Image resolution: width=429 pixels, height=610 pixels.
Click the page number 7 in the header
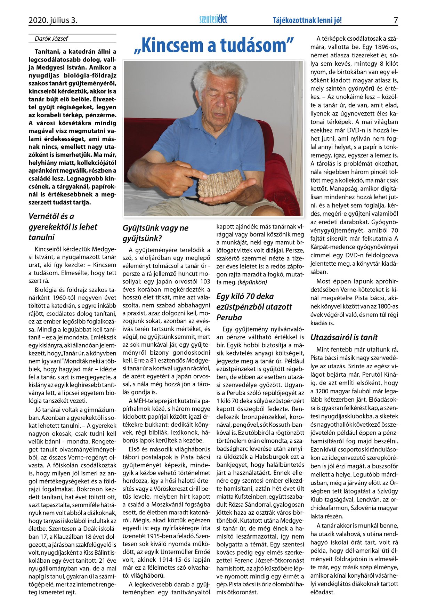pos(396,20)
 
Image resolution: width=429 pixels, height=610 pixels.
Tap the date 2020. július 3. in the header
pos(53,21)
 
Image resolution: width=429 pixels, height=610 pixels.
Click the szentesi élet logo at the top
pos(213,19)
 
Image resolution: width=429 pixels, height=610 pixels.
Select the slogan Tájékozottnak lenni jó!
pos(307,21)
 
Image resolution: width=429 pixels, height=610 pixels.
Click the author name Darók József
pos(51,39)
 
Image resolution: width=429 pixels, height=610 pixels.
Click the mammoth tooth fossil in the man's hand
pos(220,183)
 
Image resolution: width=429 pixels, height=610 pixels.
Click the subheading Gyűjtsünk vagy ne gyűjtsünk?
pos(155,233)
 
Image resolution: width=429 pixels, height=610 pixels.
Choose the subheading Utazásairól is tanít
pos(344,337)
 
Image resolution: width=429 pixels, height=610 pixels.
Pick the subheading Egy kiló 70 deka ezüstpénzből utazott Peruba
pos(254,307)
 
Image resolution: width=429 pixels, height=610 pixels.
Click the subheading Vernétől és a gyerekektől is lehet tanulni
pos(63,227)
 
